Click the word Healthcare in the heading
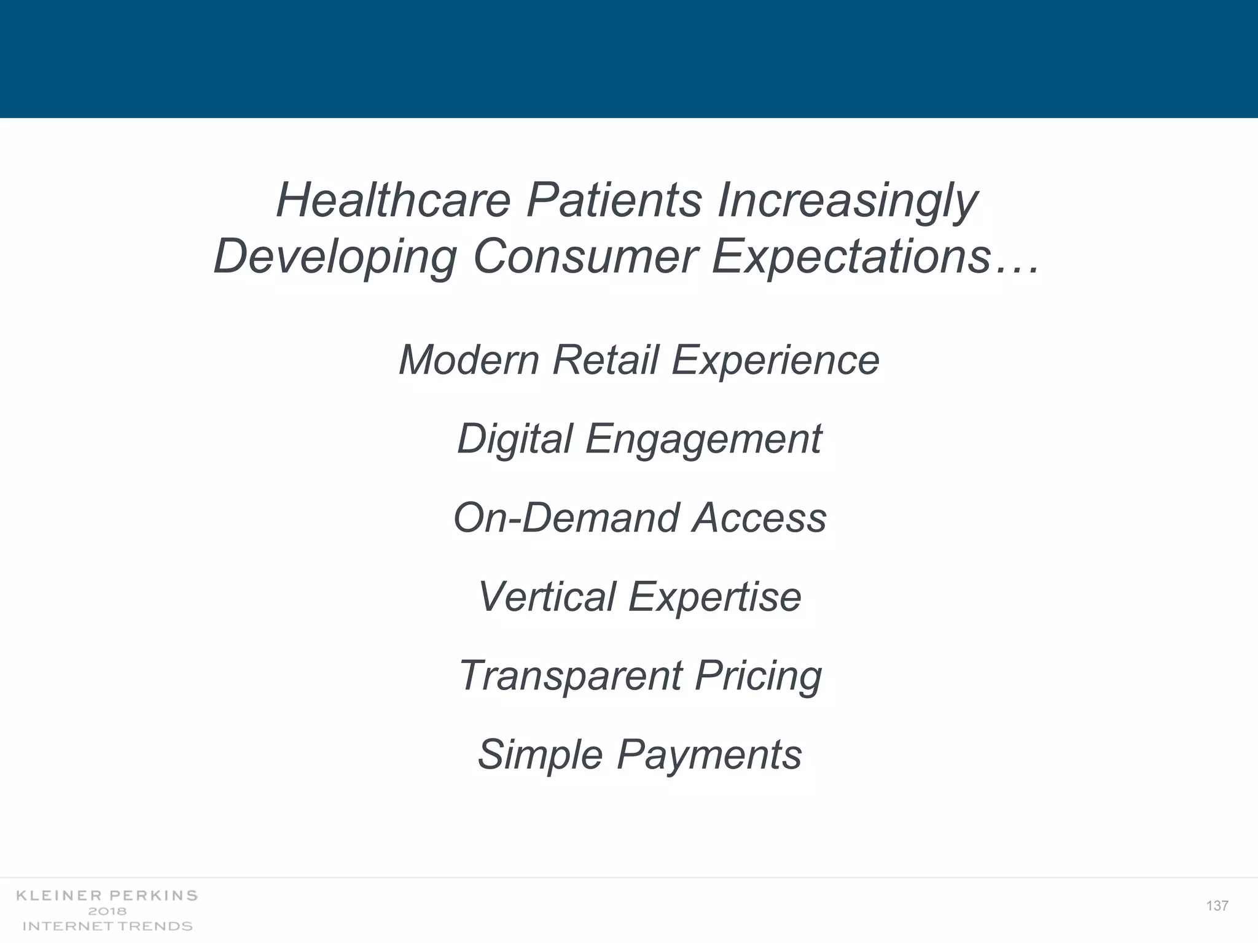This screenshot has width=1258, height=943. click(393, 200)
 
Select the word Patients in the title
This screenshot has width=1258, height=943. click(614, 200)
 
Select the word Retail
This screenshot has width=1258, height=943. click(605, 360)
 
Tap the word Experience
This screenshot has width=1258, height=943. click(775, 361)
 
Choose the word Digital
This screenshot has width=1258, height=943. click(515, 440)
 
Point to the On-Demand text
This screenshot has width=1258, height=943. click(566, 518)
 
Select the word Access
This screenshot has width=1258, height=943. click(759, 518)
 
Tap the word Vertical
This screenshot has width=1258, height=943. click(546, 597)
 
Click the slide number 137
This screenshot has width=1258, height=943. click(1217, 906)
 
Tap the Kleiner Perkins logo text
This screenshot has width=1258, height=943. click(107, 896)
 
